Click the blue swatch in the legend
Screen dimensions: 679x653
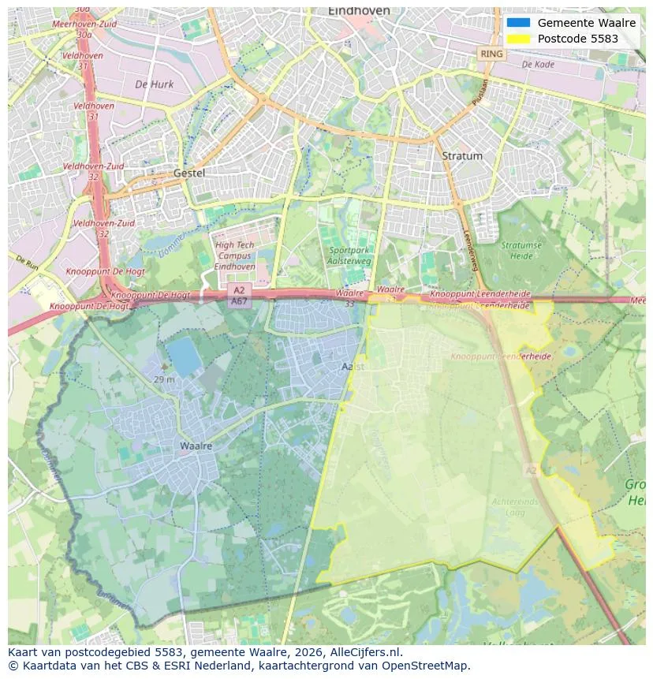[x=518, y=23]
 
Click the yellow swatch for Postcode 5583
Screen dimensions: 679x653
[x=518, y=39]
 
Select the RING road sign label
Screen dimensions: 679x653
[x=491, y=54]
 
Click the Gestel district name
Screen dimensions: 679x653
[x=189, y=173]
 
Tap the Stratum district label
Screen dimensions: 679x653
[x=462, y=156]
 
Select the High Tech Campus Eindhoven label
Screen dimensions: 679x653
[x=235, y=256]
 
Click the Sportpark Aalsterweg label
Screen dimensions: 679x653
[x=349, y=256]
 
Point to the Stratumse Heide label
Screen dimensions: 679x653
[x=521, y=250]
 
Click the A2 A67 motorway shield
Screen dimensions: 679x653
[x=239, y=296]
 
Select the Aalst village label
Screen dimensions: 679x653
[x=353, y=367]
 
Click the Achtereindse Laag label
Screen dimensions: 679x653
[x=515, y=506]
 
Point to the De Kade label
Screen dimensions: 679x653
[x=538, y=65]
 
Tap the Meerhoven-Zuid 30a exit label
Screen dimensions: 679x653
[x=84, y=29]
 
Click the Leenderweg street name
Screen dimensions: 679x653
[x=472, y=251]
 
